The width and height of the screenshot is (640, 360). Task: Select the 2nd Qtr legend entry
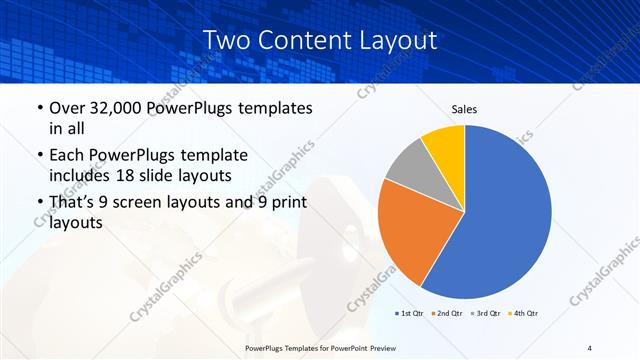[446, 313]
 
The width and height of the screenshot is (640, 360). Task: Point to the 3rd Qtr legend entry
[484, 313]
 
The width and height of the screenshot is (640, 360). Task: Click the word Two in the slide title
[226, 41]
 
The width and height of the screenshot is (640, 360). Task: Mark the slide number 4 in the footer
[589, 347]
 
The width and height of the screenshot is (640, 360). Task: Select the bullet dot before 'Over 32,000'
[39, 109]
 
